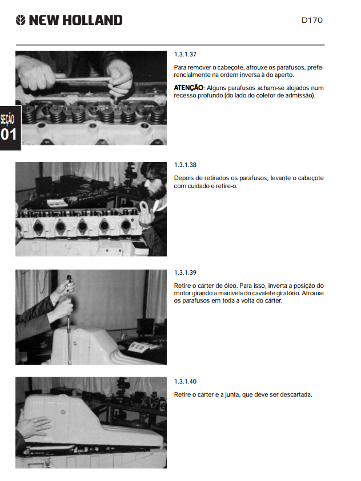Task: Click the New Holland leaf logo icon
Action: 21,21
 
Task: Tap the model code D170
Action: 312,21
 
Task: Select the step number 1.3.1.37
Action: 185,54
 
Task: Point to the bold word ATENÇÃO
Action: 188,88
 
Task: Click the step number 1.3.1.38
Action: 185,165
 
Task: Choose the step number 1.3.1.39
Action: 185,273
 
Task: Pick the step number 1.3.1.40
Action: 185,382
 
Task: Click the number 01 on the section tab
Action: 9,134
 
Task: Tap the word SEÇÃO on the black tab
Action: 7,119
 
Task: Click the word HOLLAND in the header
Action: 93,21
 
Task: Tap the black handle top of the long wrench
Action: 69,279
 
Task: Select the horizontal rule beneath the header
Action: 170,45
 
